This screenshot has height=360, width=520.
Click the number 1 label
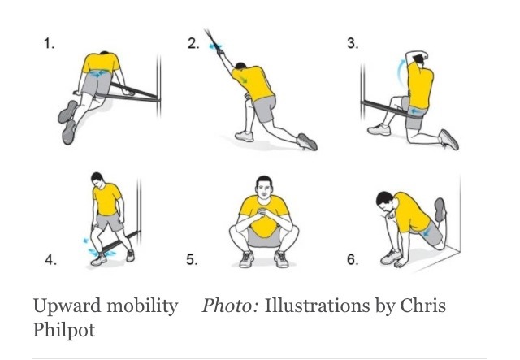coord(49,43)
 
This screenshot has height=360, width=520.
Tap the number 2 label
coord(193,43)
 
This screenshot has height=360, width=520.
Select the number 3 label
coord(353,43)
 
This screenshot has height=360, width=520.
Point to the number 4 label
coord(50,259)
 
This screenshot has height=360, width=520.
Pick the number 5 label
coord(192,259)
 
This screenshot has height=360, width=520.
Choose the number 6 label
coord(353,259)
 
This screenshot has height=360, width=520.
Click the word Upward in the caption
coord(67,306)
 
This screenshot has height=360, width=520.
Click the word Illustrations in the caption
coord(317,306)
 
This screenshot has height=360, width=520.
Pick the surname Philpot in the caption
coord(64,330)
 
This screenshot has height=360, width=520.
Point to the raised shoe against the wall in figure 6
coord(440,210)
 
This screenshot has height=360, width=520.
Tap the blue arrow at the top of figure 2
coord(214,47)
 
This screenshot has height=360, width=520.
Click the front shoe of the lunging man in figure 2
coord(245,136)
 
